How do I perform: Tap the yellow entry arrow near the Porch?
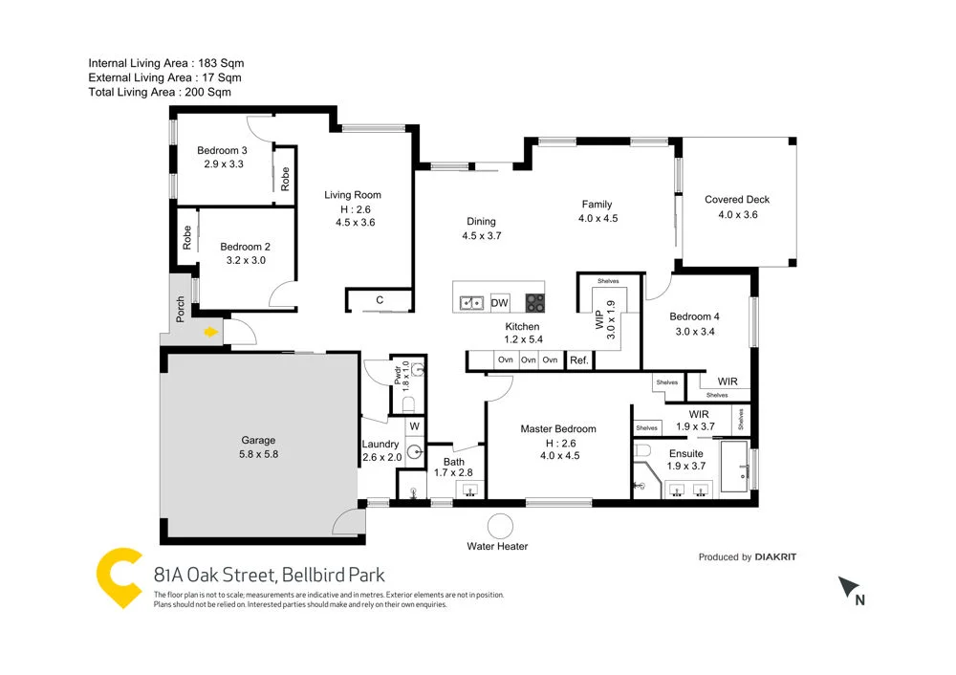pos(211,332)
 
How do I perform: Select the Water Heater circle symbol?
pos(499,526)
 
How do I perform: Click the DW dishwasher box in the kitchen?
pos(499,303)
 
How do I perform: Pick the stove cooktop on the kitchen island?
pos(533,303)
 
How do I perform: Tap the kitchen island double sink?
pos(470,303)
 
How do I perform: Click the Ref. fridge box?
pos(578,360)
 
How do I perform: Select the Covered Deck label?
pos(736,200)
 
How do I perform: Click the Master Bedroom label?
pos(558,429)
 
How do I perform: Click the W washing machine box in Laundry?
pos(414,426)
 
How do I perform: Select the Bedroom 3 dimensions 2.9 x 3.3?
pos(223,163)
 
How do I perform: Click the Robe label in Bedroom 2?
pos(187,238)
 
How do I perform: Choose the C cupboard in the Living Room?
pos(380,300)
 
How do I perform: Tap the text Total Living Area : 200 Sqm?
pos(160,92)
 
